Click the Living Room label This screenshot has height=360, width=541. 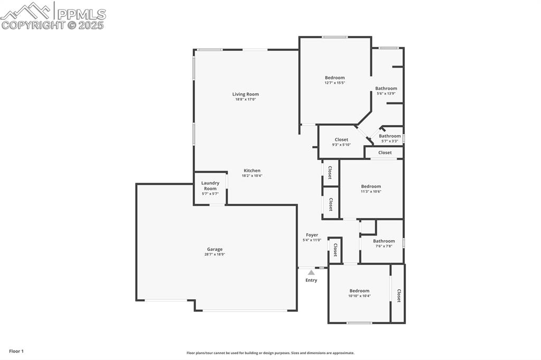[245, 94]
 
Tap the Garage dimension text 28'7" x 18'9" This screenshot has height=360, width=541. [214, 254]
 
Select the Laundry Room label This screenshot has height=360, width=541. [210, 186]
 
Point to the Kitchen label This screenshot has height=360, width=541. [252, 170]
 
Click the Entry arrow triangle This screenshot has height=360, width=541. [311, 272]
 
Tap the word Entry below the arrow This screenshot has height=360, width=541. [311, 280]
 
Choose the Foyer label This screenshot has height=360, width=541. [312, 235]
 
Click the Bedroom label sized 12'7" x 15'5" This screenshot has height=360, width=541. [334, 78]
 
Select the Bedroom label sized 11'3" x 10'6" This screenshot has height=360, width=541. [371, 186]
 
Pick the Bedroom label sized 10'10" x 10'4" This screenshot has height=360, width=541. [359, 291]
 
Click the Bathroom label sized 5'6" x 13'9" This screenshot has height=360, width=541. [386, 88]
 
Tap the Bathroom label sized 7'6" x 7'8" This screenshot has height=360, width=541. [384, 241]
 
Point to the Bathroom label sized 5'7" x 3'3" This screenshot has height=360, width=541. [390, 136]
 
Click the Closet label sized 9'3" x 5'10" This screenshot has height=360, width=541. [341, 139]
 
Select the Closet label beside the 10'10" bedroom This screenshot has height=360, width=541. [399, 296]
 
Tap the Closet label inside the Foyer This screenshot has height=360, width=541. [334, 250]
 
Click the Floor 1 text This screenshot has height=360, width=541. [16, 352]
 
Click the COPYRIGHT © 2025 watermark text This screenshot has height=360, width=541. [52, 25]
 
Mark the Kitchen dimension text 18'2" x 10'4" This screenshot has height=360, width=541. [252, 176]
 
